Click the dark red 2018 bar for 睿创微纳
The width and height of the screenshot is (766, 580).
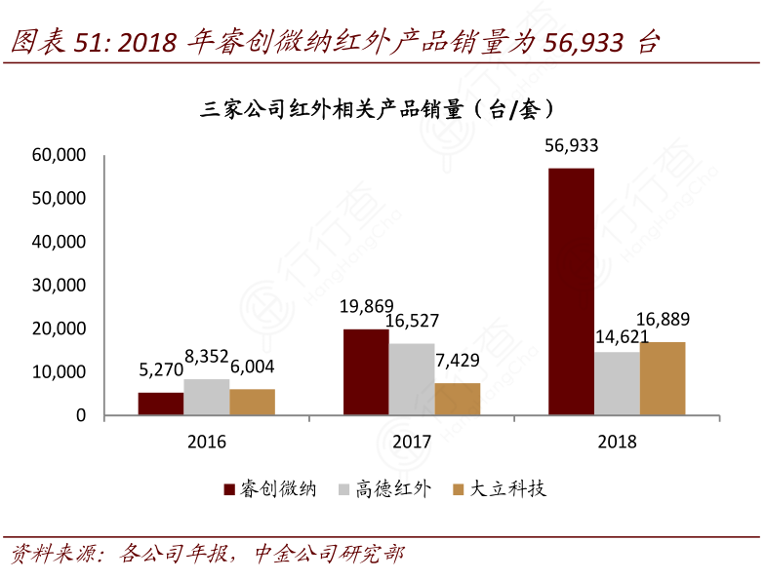pyautogui.click(x=571, y=292)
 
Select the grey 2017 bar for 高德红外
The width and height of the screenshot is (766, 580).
pyautogui.click(x=412, y=379)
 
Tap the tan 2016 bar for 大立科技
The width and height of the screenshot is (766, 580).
pyautogui.click(x=252, y=402)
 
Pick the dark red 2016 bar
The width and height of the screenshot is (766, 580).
pyautogui.click(x=160, y=404)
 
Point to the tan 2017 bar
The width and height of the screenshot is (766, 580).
pyautogui.click(x=457, y=399)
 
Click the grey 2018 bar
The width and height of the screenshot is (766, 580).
pyautogui.click(x=617, y=383)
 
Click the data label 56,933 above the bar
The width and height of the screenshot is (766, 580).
pyautogui.click(x=571, y=146)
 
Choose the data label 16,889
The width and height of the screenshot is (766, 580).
pyautogui.click(x=664, y=320)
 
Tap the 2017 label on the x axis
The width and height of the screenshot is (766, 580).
pyautogui.click(x=412, y=442)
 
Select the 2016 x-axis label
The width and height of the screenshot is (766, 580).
pyautogui.click(x=206, y=442)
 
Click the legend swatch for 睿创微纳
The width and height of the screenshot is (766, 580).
pyautogui.click(x=229, y=489)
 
